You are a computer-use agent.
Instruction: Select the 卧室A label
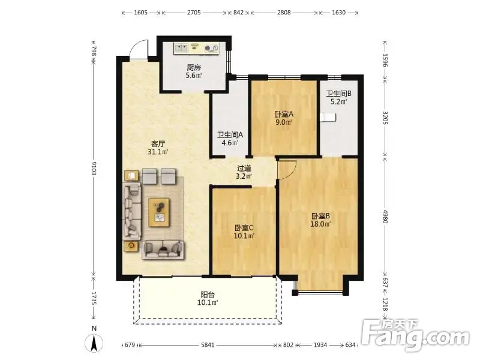[x=284, y=114]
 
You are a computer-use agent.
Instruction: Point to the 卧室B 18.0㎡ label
[x=320, y=220]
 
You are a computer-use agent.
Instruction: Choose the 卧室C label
[x=244, y=228]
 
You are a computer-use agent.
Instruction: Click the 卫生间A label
[x=230, y=134]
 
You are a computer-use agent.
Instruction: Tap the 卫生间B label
[x=338, y=94]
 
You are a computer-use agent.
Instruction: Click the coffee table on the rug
[x=159, y=212]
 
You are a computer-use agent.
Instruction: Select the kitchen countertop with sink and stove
[x=197, y=49]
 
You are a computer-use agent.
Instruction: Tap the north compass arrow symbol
[x=94, y=343]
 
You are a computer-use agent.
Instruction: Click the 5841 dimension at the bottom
[x=208, y=345]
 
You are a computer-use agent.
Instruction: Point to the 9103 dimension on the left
[x=94, y=169]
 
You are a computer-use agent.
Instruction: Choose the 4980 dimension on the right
[x=385, y=217]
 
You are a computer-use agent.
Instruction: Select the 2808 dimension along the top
[x=284, y=13]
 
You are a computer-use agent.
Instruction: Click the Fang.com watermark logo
[x=415, y=336]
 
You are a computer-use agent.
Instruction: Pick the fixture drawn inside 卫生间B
[x=328, y=118]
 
